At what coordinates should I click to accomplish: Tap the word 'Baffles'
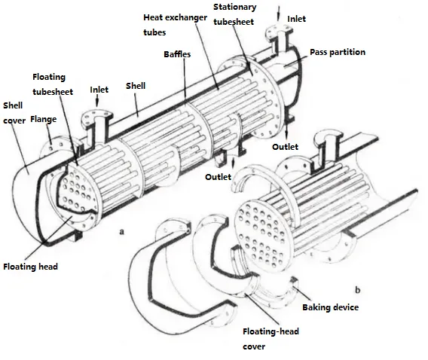[177, 55]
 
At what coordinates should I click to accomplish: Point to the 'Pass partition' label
[338, 53]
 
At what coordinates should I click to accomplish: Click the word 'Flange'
[42, 117]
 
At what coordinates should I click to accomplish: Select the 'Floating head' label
[30, 266]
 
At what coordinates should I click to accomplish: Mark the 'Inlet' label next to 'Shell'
[99, 90]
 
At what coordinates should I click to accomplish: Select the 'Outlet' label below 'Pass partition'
[285, 146]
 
